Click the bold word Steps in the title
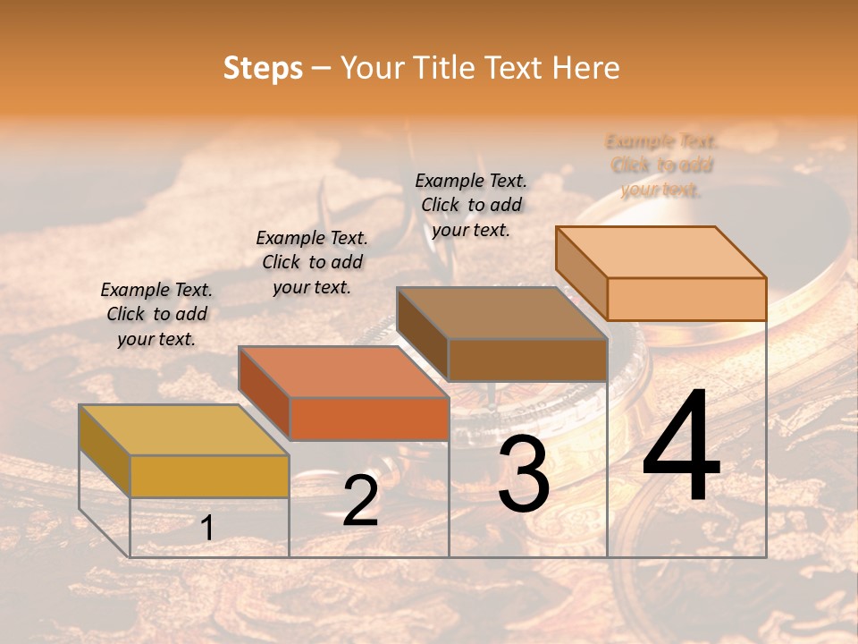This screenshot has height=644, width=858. coord(263,68)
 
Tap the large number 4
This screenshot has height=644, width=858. coord(681,447)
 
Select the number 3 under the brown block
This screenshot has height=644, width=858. coord(524,474)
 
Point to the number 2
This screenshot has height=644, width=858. coord(360,501)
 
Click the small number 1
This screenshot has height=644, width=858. coord(207,529)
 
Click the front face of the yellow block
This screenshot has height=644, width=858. coord(209,476)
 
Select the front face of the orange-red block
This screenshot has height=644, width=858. coord(368,419)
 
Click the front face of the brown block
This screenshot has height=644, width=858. coord(527,360)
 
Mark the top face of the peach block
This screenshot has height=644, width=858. coord(660,251)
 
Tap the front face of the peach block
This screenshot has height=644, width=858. coord(686,299)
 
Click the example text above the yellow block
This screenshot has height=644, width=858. coord(156,314)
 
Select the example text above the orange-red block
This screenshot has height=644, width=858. coord(312,262)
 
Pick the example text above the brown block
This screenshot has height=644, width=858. coord(471,205)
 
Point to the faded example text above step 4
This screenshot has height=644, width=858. coord(661,165)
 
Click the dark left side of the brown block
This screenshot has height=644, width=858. coord(422,335)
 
